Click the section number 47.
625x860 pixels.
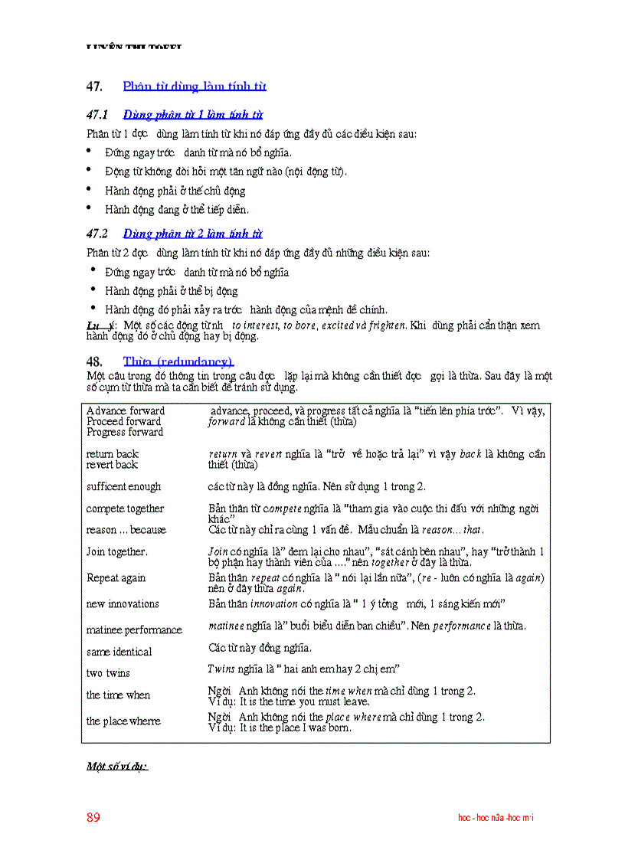click(94, 87)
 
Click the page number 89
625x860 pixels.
click(93, 817)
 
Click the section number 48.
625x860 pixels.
click(94, 361)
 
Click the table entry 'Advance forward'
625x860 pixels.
click(125, 410)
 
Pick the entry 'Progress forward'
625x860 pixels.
click(124, 432)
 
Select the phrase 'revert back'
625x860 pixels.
click(112, 464)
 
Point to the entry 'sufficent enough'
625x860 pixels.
click(123, 486)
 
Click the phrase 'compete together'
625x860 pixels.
click(125, 508)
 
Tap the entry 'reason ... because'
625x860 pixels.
click(126, 529)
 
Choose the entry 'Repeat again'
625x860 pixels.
click(115, 577)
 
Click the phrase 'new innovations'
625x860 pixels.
click(123, 603)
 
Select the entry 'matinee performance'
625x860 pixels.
click(134, 629)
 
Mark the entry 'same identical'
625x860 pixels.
click(119, 652)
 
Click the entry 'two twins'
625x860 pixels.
click(108, 673)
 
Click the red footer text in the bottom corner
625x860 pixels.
click(496, 818)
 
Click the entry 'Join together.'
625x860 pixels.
click(117, 551)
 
